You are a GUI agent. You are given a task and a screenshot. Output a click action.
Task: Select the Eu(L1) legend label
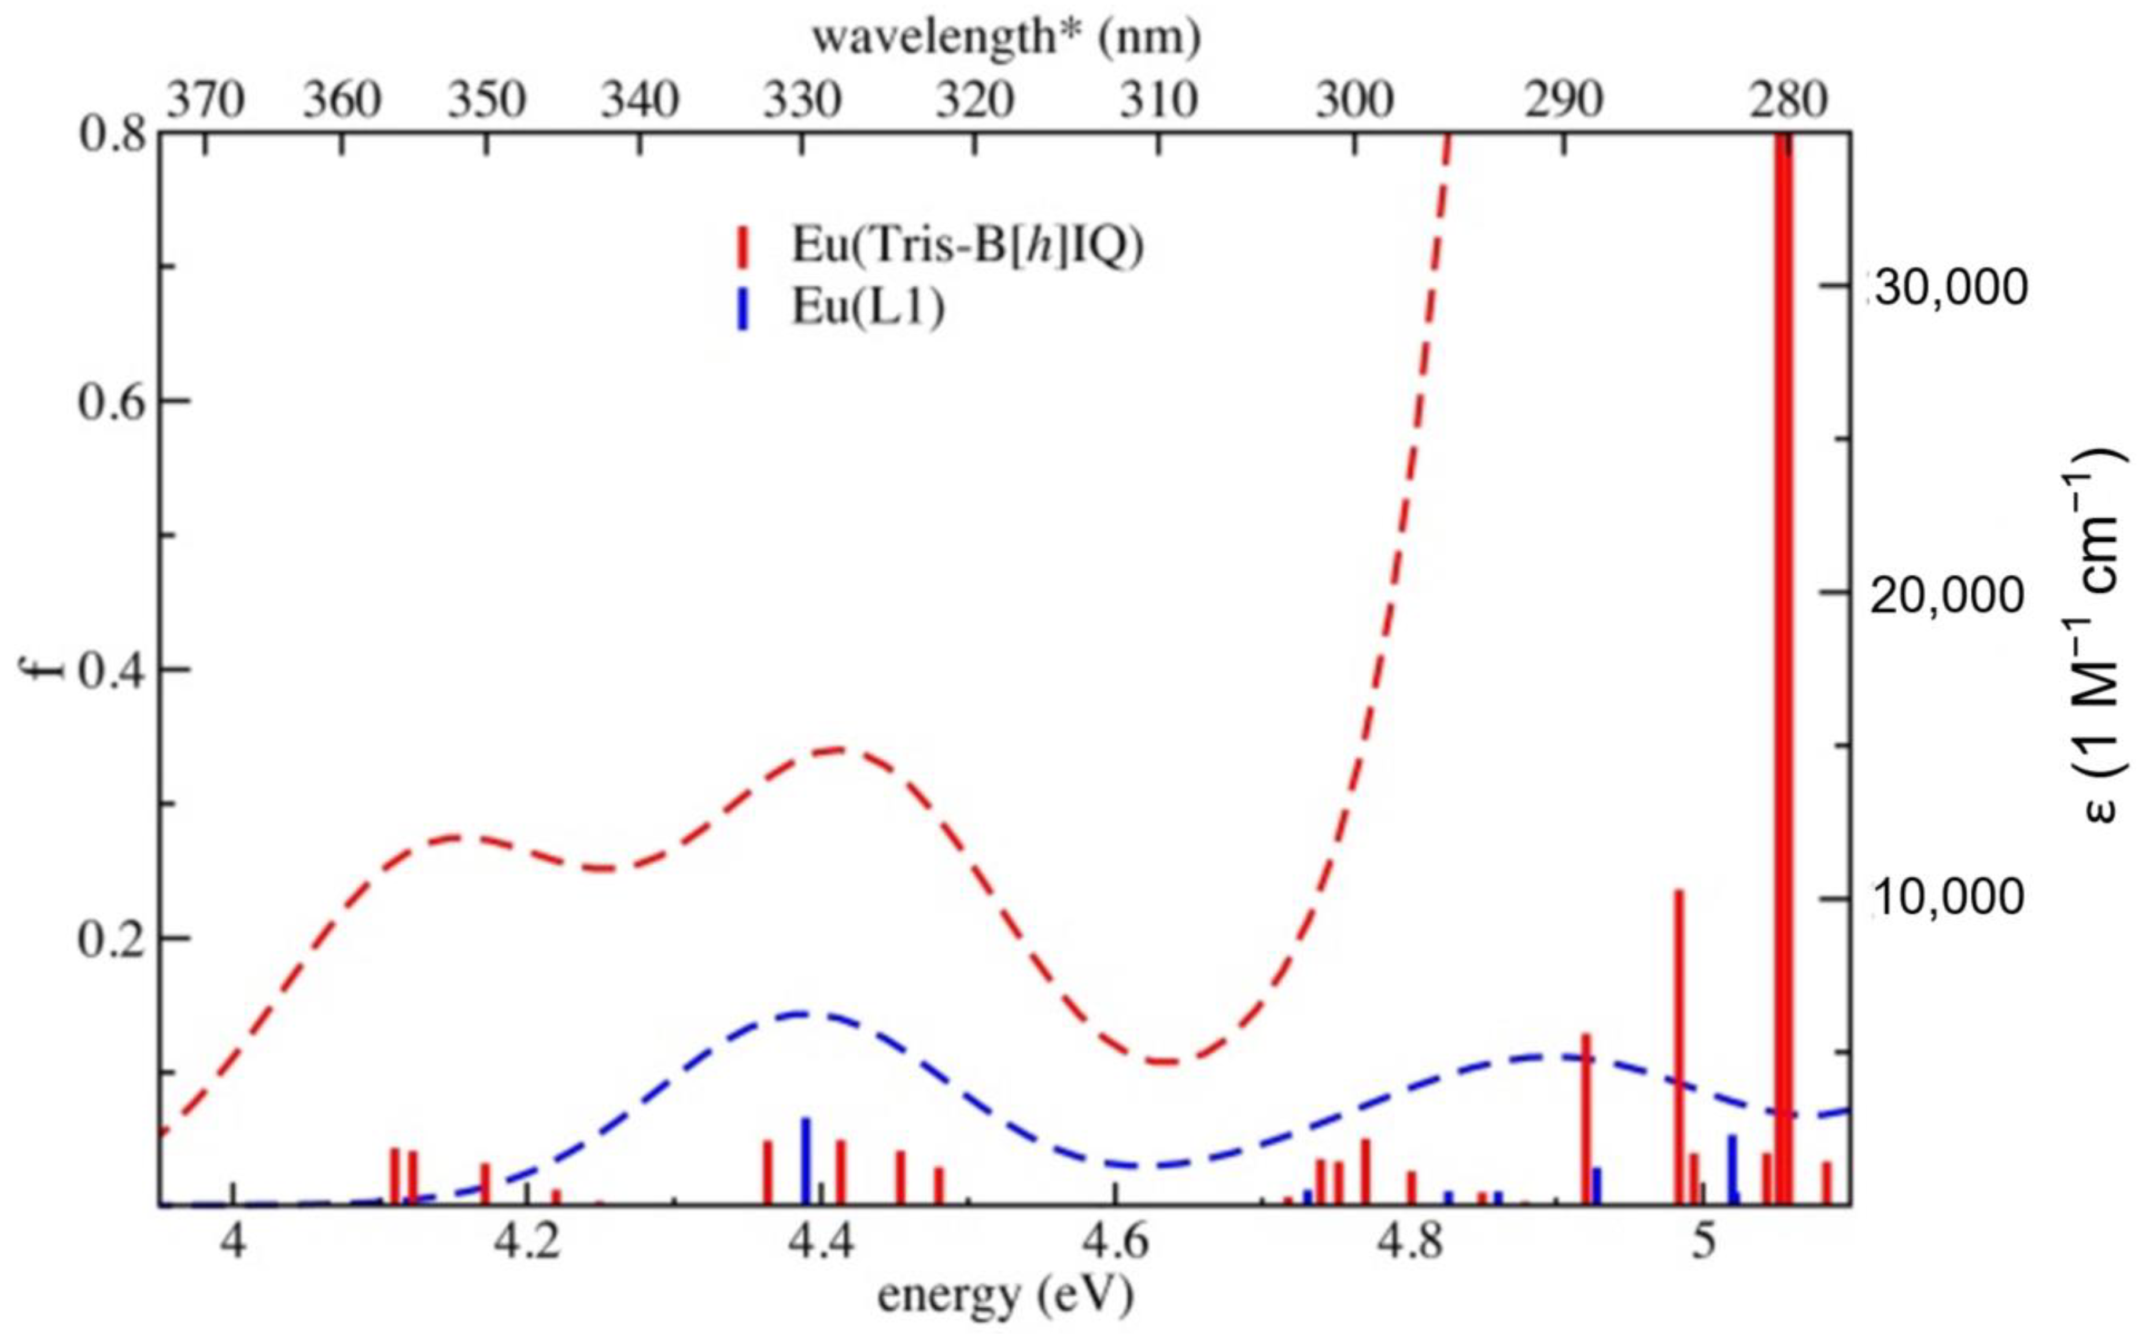click(867, 310)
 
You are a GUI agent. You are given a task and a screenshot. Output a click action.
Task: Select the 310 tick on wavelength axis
click(1160, 102)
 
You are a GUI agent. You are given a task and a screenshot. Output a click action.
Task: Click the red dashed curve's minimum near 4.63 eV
click(1165, 1060)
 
